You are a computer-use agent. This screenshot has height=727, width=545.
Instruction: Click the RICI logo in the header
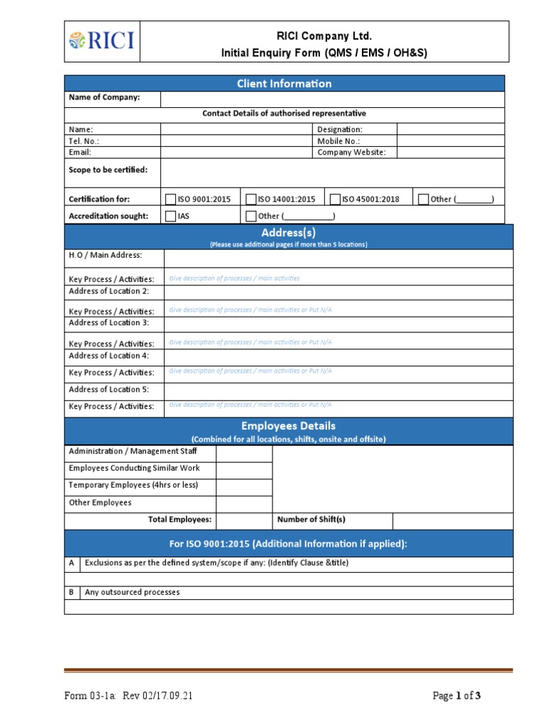pos(101,41)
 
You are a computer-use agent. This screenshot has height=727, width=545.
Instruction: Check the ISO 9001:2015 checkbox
pos(171,199)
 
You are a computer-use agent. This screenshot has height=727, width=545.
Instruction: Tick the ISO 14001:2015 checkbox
pos(251,199)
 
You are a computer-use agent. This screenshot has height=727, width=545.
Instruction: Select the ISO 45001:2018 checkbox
pos(336,199)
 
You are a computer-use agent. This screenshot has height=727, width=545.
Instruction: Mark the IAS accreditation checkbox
pos(171,216)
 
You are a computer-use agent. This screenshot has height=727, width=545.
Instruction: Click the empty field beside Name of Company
pos(332,98)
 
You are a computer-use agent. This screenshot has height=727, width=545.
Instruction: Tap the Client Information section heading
pos(285,84)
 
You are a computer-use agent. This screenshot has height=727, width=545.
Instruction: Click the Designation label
pos(340,129)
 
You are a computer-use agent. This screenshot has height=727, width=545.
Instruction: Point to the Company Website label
pos(351,152)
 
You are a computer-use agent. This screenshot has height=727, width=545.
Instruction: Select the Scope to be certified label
pos(108,170)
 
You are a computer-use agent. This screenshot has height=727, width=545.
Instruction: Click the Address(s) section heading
pos(288,233)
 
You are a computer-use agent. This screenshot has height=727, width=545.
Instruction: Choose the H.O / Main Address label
pos(105,255)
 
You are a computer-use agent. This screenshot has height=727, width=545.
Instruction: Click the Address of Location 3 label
pos(109,322)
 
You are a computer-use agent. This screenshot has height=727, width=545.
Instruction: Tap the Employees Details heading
pos(288,426)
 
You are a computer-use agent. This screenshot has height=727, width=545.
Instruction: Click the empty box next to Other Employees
pos(244,503)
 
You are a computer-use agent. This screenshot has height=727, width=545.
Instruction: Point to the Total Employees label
pos(180,520)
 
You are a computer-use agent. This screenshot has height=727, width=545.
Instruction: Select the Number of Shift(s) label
pos(312,520)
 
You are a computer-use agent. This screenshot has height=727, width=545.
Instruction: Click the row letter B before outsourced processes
pos(72,592)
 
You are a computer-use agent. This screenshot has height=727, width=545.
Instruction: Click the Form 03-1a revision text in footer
pos(128,696)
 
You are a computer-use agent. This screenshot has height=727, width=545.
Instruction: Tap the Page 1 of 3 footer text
pos(456,696)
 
